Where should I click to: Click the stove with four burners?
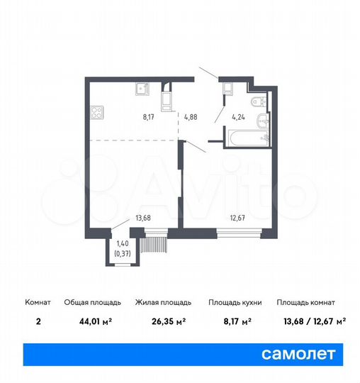[x=97, y=112]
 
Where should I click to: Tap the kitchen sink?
[x=140, y=89]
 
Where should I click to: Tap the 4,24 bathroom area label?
[x=238, y=118]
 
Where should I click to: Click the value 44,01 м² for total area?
[x=81, y=321]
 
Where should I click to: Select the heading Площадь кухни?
[x=235, y=302]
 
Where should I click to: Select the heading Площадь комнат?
[x=311, y=302]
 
